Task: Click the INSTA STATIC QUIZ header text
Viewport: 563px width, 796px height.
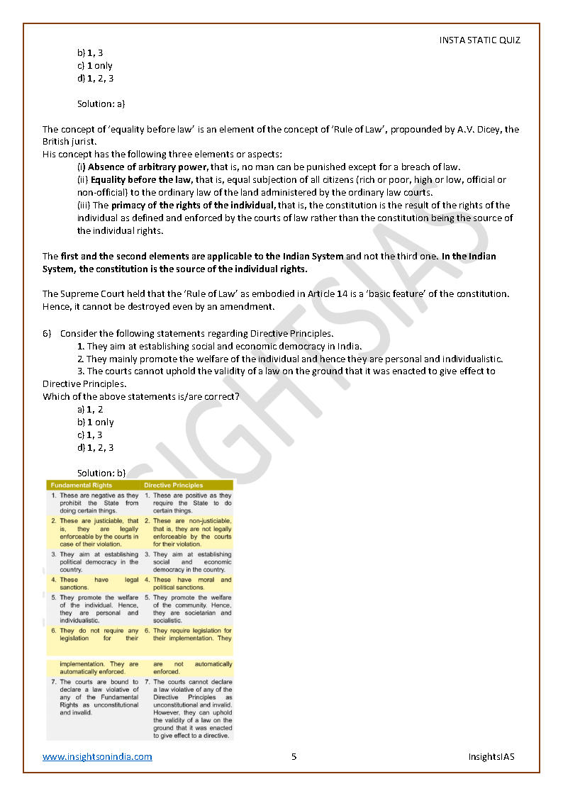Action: point(479,40)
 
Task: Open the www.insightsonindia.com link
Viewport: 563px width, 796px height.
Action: point(97,756)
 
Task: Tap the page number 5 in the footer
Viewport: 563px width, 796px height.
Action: point(294,756)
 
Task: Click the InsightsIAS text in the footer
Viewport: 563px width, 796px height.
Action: point(491,756)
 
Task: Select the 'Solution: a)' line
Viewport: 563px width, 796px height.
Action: point(101,103)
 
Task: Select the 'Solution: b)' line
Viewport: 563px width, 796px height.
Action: point(101,472)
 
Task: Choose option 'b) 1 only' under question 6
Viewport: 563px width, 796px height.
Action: point(96,422)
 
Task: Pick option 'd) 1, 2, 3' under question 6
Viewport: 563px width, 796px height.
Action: point(96,447)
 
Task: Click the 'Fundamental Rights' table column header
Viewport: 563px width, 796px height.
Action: point(82,486)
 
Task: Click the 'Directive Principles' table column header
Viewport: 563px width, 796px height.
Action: point(174,486)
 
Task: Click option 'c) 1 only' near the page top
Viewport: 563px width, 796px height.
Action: point(95,65)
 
